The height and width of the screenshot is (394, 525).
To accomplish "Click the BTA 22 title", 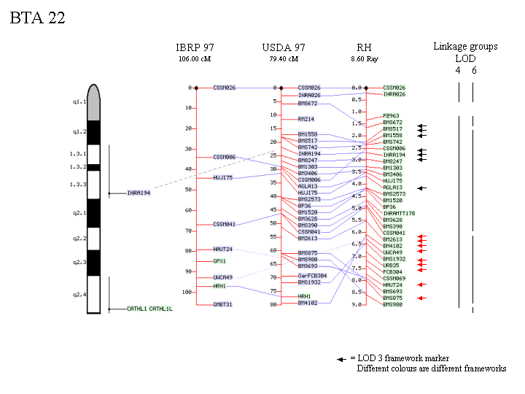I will point(37,18).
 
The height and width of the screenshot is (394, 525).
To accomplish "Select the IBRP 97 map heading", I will point(195,47).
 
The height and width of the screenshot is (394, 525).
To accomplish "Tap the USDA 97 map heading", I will point(284,47).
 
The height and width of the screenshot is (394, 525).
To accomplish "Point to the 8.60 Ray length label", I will point(365,58).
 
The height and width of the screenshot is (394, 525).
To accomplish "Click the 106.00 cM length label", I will point(195,58).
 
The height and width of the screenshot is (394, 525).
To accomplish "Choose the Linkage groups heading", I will point(465,47).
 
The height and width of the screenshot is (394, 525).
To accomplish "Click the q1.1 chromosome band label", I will point(79,103).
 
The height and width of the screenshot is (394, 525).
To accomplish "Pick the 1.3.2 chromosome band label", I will point(77,167).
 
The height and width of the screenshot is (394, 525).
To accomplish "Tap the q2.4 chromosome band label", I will point(79,295).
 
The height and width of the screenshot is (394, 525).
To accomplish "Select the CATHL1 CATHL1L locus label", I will point(149,309).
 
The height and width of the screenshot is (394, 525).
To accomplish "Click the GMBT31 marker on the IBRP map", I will point(224,304).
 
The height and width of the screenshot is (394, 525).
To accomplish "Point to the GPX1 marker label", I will point(219,260).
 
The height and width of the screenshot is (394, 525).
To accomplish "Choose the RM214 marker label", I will point(306,118).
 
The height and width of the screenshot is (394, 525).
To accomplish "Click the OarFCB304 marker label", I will point(314,277).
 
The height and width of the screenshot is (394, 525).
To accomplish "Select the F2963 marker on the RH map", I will point(391,116).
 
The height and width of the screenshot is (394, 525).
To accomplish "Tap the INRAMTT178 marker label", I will point(398,214).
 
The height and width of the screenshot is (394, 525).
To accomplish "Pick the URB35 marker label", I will point(391,265).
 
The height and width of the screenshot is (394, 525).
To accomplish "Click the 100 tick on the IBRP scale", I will point(186,292).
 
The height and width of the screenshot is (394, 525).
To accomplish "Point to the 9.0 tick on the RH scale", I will point(357,304).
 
